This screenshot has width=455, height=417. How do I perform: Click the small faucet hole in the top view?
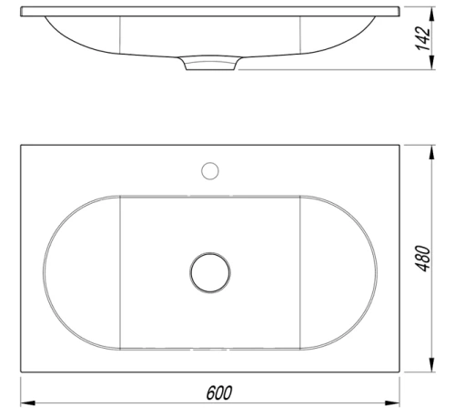210,169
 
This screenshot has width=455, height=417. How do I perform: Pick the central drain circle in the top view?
210,272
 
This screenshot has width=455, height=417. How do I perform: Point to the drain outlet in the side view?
210,63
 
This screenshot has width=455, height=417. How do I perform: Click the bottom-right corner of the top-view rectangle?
400,373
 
